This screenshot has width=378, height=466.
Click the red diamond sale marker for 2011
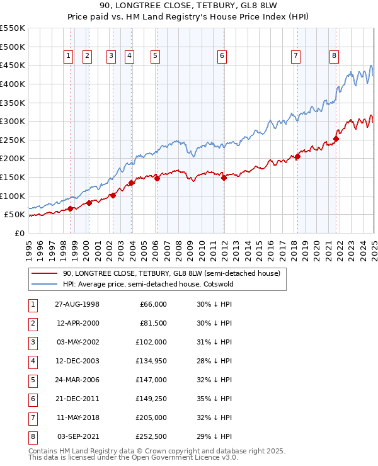tap(224, 178)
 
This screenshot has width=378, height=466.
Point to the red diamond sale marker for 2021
tap(336, 139)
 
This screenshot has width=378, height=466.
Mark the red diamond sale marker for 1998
tap(71, 208)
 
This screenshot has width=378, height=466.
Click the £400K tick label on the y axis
tap(13, 84)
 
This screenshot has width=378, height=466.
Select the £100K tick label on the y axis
tap(13, 196)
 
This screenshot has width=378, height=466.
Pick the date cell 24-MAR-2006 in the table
tap(77, 380)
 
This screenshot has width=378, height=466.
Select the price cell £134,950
tap(149, 361)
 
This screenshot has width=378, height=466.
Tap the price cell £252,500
tap(149, 436)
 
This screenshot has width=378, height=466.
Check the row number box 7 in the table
tap(31, 418)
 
